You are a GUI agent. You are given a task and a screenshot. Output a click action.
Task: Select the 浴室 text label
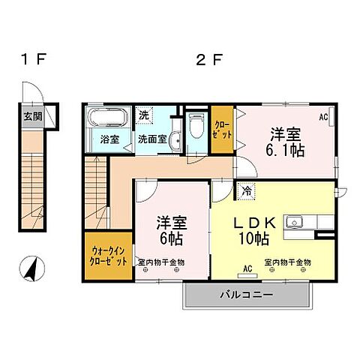(109, 139)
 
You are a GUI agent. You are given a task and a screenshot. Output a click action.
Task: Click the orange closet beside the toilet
(222, 129)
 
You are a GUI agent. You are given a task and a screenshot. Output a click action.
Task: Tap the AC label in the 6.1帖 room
(324, 118)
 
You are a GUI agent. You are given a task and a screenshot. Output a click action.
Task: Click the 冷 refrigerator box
(247, 190)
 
